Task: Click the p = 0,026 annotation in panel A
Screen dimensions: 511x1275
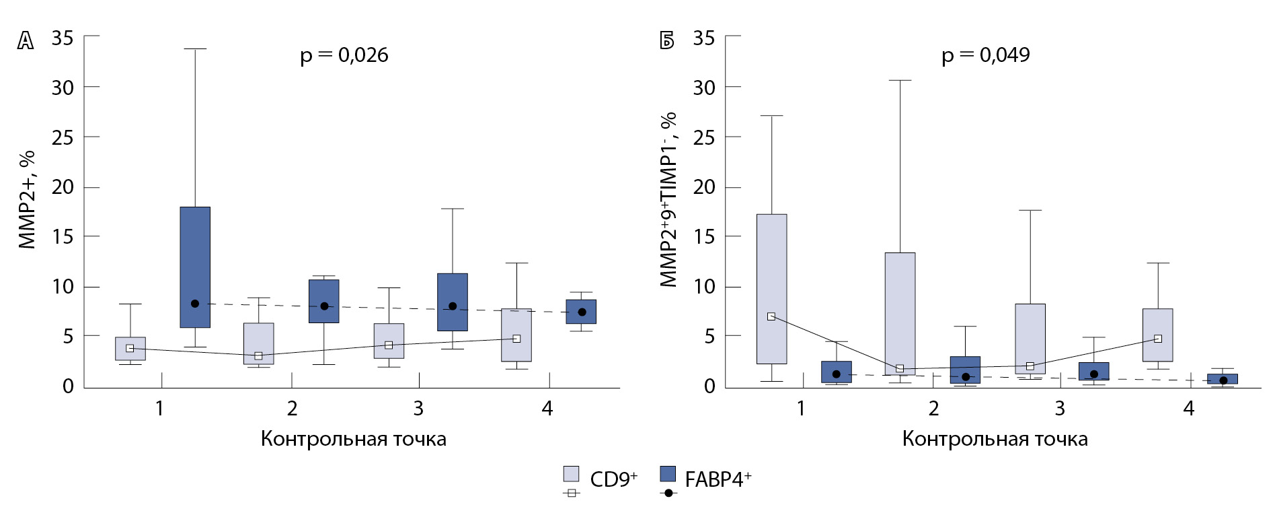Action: [x=344, y=55]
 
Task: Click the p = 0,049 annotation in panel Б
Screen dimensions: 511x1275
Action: [x=985, y=55]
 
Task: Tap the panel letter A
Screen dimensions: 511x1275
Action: [x=25, y=42]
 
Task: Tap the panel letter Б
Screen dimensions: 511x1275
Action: [x=666, y=42]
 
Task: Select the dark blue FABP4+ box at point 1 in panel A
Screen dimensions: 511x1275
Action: [x=195, y=267]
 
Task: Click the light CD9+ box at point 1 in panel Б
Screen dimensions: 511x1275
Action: [x=771, y=289]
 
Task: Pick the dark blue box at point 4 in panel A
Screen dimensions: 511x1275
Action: [x=581, y=312]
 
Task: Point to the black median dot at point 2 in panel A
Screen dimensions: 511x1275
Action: [x=324, y=306]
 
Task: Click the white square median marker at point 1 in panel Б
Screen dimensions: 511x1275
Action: [x=771, y=316]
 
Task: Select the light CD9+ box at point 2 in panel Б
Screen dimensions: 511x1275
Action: [x=900, y=313]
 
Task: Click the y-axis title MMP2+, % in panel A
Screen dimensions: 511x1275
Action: [x=27, y=199]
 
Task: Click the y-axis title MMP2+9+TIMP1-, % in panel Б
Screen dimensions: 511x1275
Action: [x=668, y=199]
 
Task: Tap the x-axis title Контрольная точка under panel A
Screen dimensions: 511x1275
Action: [x=353, y=440]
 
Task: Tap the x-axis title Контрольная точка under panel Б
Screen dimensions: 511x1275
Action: [x=995, y=440]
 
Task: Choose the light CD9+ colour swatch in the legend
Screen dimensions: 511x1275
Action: [x=571, y=474]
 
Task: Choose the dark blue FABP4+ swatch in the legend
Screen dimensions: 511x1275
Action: [x=668, y=474]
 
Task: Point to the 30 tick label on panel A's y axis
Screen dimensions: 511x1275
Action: [x=63, y=88]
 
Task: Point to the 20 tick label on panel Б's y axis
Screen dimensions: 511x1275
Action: [x=704, y=187]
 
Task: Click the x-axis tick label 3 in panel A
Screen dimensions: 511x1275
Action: [x=418, y=408]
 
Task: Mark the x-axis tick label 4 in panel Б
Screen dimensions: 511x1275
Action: [x=1188, y=408]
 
